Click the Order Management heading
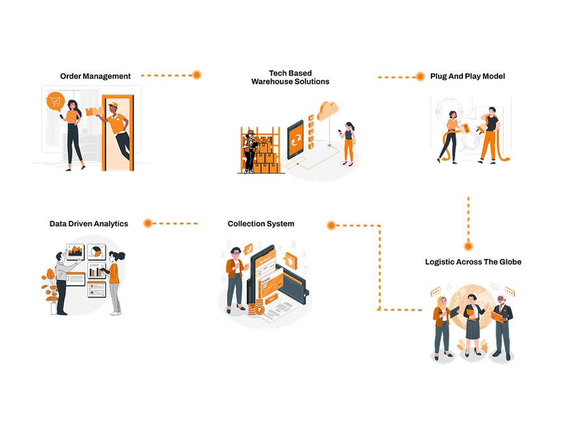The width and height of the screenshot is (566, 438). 96,76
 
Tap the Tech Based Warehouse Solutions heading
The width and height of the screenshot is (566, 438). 290,77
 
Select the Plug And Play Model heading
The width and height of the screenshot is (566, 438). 467,76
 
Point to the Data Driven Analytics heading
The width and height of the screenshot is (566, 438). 89,223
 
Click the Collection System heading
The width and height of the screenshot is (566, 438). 260,223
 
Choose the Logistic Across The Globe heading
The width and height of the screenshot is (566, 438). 473,262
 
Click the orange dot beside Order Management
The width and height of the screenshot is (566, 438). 197,75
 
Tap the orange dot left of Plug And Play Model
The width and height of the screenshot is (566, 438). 420,77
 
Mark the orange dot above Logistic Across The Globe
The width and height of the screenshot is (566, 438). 468,246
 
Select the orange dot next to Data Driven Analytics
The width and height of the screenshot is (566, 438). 148,223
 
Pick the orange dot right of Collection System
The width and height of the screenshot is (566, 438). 331,224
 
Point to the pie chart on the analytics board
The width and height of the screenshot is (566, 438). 96,251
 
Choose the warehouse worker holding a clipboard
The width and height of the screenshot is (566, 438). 250,151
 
